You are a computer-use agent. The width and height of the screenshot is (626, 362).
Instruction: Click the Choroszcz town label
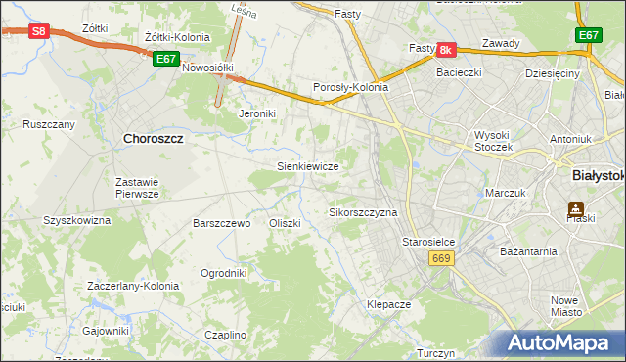(x=154, y=139)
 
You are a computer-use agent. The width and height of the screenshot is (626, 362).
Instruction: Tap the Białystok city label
(x=597, y=174)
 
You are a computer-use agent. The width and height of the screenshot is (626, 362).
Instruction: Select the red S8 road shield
(x=38, y=31)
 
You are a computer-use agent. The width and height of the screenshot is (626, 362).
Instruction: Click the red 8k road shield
(x=447, y=49)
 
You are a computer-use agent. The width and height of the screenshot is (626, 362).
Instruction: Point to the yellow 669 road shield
(x=439, y=257)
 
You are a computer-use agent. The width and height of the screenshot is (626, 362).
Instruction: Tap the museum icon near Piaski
(x=575, y=209)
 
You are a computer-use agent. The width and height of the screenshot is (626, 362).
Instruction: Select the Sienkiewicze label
(x=308, y=166)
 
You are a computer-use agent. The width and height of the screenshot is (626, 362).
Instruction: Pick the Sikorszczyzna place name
(x=363, y=212)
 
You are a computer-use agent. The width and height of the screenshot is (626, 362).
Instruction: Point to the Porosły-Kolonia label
(x=350, y=87)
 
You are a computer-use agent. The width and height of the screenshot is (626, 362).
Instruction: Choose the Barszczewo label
(x=222, y=223)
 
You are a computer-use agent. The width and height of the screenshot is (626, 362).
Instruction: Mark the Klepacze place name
(x=388, y=304)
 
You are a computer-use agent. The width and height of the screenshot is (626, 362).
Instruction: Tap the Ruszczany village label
(x=49, y=125)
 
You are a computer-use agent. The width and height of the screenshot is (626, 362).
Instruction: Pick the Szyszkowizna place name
(x=77, y=221)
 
